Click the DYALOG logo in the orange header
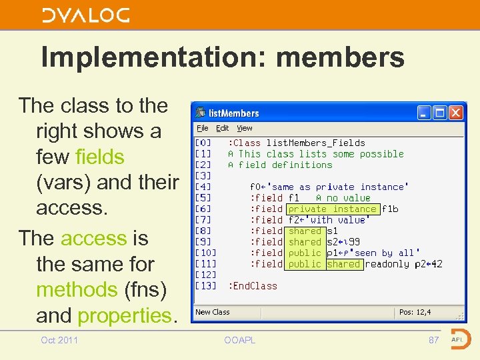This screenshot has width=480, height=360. [x=85, y=15]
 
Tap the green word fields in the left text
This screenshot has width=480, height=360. [x=100, y=157]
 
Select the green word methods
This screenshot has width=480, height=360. [x=77, y=290]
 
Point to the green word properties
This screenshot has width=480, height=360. [x=125, y=315]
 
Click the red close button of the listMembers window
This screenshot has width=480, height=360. [x=456, y=113]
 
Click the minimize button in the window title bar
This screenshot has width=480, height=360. [x=424, y=113]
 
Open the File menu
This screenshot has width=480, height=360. [x=202, y=128]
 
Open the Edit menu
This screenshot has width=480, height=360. [x=223, y=128]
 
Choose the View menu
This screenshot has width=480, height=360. [x=245, y=128]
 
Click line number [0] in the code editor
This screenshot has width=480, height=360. [x=203, y=143]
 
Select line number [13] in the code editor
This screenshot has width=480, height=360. [x=205, y=286]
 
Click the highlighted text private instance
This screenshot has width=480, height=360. [x=332, y=209]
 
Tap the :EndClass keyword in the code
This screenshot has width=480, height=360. [x=253, y=286]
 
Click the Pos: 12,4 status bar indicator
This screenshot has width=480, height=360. [x=415, y=312]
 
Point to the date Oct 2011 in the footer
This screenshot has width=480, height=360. [x=59, y=341]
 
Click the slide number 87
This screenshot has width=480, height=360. [x=433, y=341]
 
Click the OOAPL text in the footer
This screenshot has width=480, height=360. [x=239, y=341]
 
